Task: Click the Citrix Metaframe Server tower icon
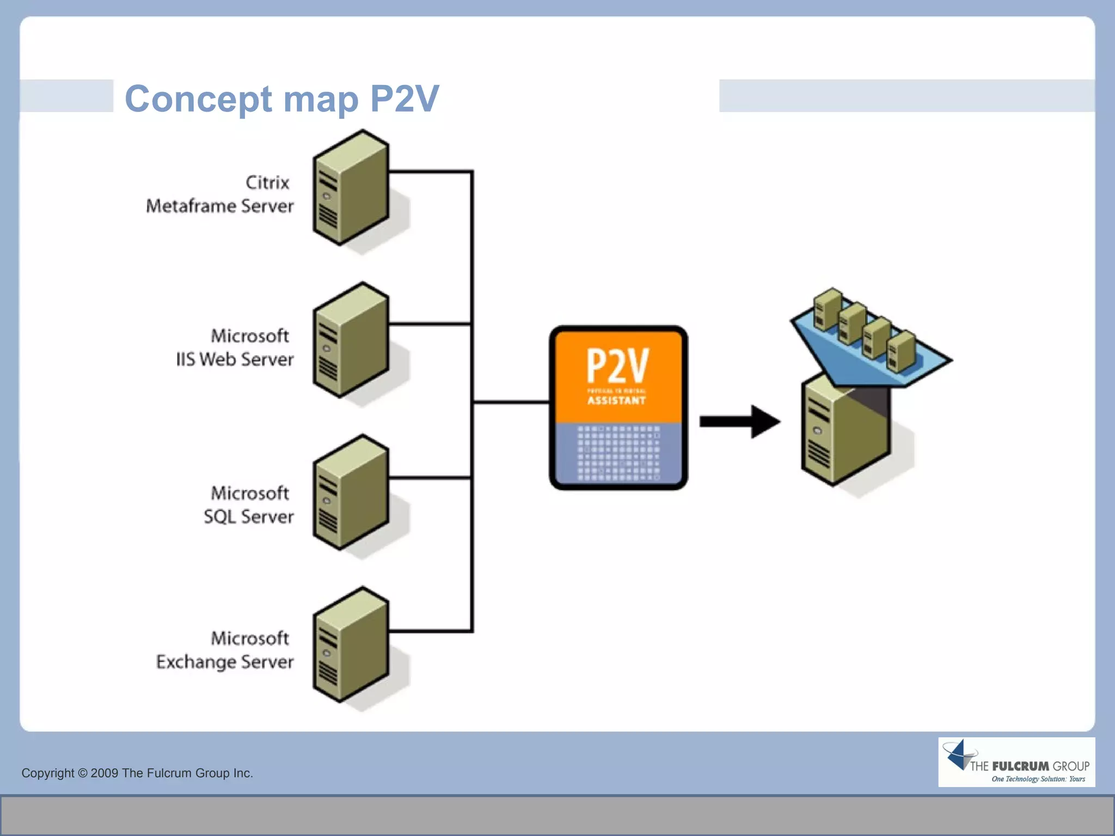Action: (x=351, y=188)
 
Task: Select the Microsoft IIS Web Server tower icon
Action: (x=351, y=341)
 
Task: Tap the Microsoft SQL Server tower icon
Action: (x=351, y=493)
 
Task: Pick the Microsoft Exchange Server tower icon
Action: (x=351, y=646)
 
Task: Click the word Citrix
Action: (x=267, y=182)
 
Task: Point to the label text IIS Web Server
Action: (x=235, y=359)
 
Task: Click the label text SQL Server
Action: (x=248, y=517)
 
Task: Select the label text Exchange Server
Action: (x=224, y=662)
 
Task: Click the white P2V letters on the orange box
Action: (x=617, y=366)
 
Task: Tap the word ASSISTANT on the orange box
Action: (x=616, y=401)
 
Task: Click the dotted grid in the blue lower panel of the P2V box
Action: (x=618, y=453)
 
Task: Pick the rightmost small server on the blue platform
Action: (x=900, y=351)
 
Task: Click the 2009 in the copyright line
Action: (x=105, y=773)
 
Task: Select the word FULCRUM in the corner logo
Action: (x=1020, y=766)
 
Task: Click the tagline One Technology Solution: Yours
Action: (x=1038, y=779)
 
